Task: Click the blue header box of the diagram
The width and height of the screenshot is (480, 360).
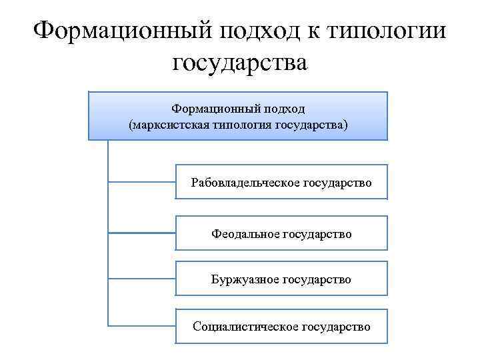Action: point(238,115)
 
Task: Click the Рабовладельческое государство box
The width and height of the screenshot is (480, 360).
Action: point(281,181)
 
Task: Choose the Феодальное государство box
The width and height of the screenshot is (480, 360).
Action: point(281,233)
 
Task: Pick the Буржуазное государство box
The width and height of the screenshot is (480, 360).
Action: point(281,279)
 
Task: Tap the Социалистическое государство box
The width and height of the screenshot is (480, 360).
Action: point(281,326)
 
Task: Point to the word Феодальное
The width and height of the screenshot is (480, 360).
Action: point(245,234)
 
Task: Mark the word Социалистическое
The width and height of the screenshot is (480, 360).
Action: point(246,327)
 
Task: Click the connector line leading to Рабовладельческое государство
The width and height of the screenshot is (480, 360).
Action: point(141,181)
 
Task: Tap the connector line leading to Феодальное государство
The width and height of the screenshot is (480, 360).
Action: point(141,233)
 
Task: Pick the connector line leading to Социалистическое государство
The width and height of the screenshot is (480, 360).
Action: point(141,325)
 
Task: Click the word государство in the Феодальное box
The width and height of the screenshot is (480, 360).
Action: point(317,234)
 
